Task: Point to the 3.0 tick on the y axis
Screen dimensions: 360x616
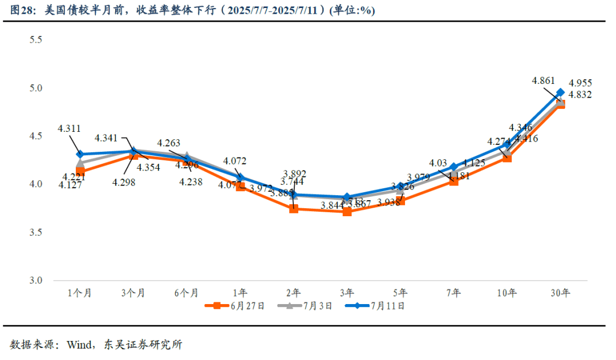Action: click(x=36, y=281)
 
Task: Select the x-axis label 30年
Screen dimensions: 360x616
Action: click(x=560, y=293)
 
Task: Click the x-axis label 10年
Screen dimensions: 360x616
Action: click(x=506, y=293)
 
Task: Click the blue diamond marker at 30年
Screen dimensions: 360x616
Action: click(x=560, y=92)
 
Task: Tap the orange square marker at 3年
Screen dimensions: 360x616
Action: click(x=347, y=212)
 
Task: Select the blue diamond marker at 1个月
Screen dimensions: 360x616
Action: click(x=80, y=154)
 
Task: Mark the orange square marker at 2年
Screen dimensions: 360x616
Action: click(x=293, y=209)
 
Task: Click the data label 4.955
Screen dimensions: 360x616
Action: click(x=581, y=83)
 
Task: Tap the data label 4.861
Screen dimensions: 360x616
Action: click(x=544, y=80)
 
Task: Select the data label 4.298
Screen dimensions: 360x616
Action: click(x=124, y=183)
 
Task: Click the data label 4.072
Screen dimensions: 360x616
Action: click(x=234, y=161)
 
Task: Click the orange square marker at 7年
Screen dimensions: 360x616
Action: click(x=453, y=181)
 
